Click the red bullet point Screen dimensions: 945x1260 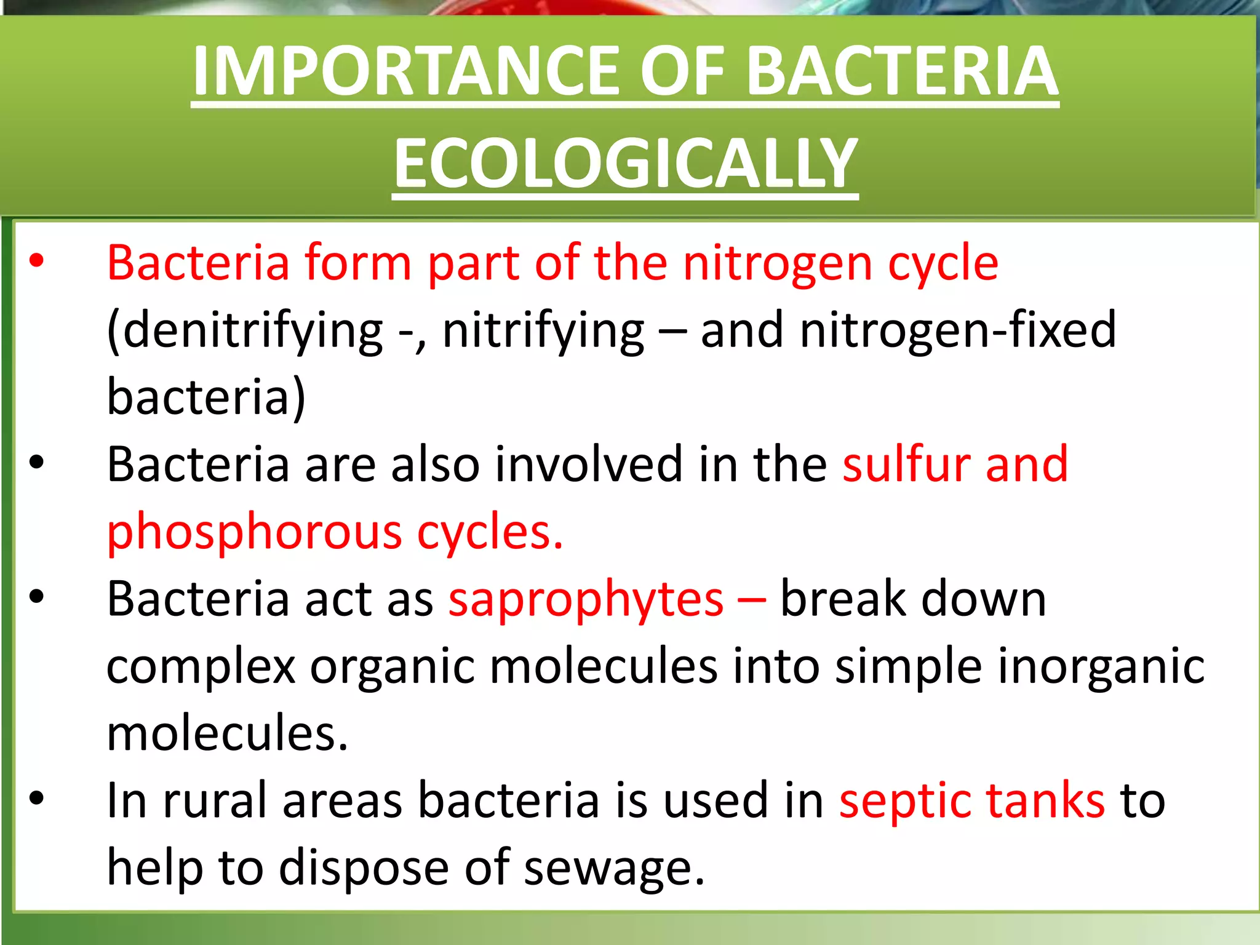coord(37,261)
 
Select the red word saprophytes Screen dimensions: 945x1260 coord(586,600)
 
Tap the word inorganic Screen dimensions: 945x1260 coord(1101,668)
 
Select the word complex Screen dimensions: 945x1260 coord(201,668)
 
